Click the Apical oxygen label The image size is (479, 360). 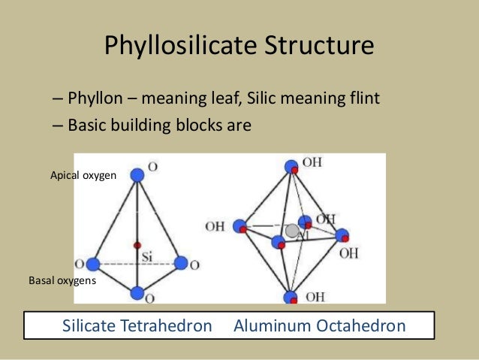pos(83,175)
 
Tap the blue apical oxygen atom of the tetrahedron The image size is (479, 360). pos(137,175)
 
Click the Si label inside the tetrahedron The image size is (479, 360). pos(147,256)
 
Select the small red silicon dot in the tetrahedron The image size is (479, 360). pos(137,245)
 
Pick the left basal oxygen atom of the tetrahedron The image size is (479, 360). pos(93,264)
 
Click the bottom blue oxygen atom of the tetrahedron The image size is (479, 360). pos(137,293)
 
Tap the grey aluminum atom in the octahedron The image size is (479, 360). pos(292,231)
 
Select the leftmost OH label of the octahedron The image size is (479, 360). pos(215,226)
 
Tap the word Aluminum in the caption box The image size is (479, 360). pos(268,327)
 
